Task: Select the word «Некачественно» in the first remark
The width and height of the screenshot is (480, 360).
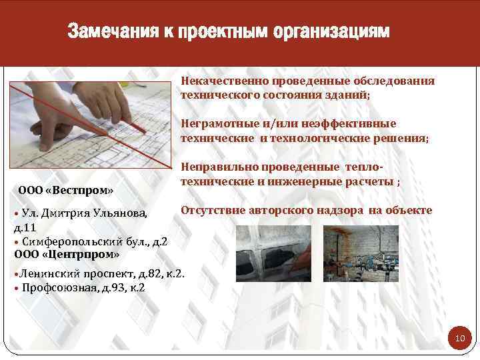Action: tap(224, 81)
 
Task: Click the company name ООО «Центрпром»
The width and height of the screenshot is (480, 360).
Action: tap(67, 254)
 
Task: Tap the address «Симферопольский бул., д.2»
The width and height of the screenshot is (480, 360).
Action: tap(94, 241)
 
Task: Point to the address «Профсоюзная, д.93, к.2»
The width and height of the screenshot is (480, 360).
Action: tap(83, 288)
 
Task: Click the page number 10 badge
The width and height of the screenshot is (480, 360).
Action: tap(459, 339)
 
